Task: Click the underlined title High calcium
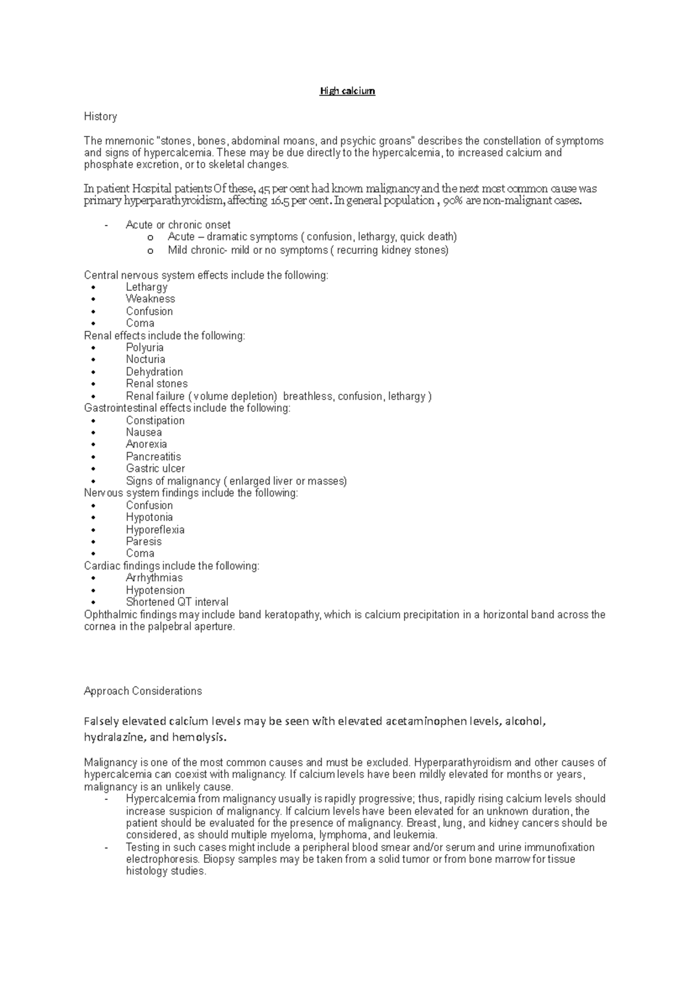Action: click(348, 91)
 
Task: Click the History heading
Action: click(100, 116)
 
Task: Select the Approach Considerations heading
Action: click(142, 691)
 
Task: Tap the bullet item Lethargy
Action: click(146, 287)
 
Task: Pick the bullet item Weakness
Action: click(150, 299)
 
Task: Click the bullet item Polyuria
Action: click(145, 348)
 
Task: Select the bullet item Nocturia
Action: click(145, 359)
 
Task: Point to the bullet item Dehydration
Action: click(154, 372)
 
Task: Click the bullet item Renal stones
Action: click(157, 383)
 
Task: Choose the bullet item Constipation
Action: click(155, 420)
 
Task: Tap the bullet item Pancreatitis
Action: click(153, 457)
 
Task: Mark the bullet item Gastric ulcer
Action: click(155, 468)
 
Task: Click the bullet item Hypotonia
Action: click(149, 517)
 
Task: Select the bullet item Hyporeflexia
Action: click(155, 530)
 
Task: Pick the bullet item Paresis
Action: click(143, 541)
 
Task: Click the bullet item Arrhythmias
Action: click(154, 578)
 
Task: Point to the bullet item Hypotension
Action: click(155, 590)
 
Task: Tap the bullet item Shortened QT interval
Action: click(177, 602)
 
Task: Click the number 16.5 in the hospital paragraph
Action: click(280, 201)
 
